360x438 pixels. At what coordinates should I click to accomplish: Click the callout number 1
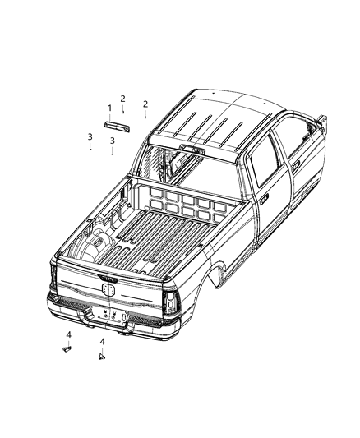tap(109, 108)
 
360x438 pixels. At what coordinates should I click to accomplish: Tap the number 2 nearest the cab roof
tap(145, 104)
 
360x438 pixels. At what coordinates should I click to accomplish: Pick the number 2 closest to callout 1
tap(123, 99)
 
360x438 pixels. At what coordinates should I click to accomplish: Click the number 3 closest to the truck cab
tap(112, 141)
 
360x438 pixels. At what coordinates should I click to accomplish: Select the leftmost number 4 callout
tap(69, 334)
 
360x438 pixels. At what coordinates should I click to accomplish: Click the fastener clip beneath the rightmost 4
tap(102, 357)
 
